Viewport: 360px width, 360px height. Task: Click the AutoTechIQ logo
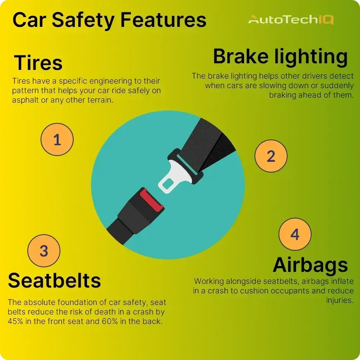(x=291, y=19)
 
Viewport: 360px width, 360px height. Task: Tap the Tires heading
(x=38, y=62)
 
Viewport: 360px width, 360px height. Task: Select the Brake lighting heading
(x=280, y=57)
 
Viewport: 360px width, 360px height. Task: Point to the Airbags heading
(x=310, y=265)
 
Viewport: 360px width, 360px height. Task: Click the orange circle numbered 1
(x=57, y=139)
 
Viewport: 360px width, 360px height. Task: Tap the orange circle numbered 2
(x=271, y=156)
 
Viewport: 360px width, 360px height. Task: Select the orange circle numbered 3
(x=44, y=250)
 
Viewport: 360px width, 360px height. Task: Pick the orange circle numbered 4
(x=295, y=234)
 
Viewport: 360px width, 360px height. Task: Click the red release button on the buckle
(x=151, y=200)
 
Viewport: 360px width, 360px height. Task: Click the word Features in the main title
(x=163, y=20)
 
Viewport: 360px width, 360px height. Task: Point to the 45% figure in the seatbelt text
(x=15, y=321)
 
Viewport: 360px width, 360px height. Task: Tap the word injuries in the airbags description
(x=340, y=300)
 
